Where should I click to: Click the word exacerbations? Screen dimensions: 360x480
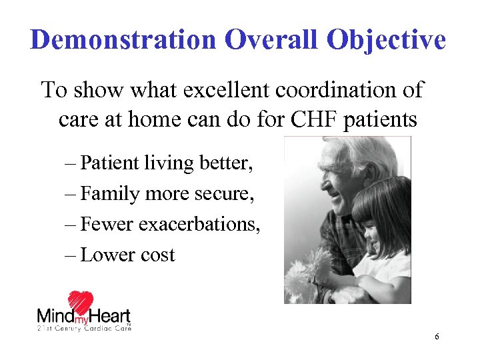199,225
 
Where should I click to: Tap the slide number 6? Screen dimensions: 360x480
437,337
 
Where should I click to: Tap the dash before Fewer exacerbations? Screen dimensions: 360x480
71,225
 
